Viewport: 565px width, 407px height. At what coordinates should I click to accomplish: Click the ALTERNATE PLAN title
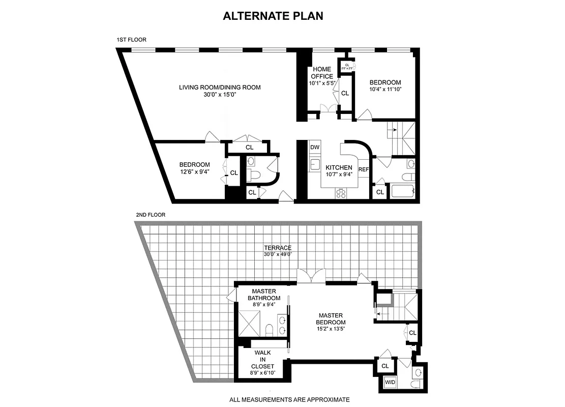pyautogui.click(x=273, y=16)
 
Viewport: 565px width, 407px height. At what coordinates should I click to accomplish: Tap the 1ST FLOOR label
pyautogui.click(x=131, y=40)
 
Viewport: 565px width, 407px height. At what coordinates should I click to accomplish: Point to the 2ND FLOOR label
pyautogui.click(x=151, y=215)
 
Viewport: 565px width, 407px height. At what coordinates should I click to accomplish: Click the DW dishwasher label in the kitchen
pyautogui.click(x=315, y=147)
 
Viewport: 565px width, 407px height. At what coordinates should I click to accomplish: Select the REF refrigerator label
pyautogui.click(x=363, y=169)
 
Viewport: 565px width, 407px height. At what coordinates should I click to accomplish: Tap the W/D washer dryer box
pyautogui.click(x=390, y=382)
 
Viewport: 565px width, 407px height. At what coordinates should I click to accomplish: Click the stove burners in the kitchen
pyautogui.click(x=340, y=193)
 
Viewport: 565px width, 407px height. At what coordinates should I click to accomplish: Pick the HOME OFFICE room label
pyautogui.click(x=322, y=73)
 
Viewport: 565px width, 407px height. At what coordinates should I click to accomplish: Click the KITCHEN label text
pyautogui.click(x=339, y=168)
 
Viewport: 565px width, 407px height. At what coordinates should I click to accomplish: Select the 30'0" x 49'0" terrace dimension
pyautogui.click(x=278, y=254)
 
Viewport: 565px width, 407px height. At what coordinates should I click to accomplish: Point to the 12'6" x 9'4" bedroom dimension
pyautogui.click(x=194, y=172)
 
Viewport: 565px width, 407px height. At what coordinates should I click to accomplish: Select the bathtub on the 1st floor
pyautogui.click(x=403, y=192)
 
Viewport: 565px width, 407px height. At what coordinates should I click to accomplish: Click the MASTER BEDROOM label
pyautogui.click(x=331, y=318)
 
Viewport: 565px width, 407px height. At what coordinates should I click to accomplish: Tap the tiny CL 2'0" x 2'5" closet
pyautogui.click(x=347, y=66)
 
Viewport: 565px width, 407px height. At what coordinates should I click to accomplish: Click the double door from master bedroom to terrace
pyautogui.click(x=311, y=276)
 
